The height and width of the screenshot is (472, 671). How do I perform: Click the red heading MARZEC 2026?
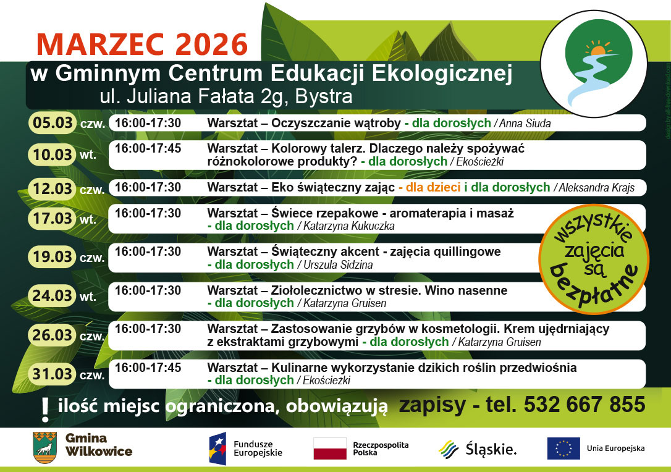[142, 44]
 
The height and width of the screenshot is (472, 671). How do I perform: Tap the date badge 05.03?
[52, 123]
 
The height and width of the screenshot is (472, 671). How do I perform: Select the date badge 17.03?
[52, 219]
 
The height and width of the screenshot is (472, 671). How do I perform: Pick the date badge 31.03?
[52, 374]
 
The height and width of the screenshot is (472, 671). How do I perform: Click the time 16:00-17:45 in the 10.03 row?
[148, 148]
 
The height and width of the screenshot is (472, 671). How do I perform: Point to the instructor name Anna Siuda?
[525, 124]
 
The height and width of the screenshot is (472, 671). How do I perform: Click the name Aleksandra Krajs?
[596, 187]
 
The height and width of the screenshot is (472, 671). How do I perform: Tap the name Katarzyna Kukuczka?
[348, 226]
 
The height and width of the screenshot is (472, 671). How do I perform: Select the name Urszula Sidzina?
[338, 265]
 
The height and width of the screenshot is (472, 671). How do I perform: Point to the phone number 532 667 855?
[584, 405]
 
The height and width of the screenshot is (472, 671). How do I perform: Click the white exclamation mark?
[45, 410]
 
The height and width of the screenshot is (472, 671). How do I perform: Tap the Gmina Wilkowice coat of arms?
[45, 448]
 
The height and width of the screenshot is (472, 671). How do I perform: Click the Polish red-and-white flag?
[330, 449]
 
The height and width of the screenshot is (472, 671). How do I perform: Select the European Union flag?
[563, 449]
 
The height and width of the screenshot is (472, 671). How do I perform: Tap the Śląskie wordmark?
[491, 449]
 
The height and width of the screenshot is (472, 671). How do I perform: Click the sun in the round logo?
[598, 49]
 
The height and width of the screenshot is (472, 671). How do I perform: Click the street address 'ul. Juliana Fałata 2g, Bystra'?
[226, 96]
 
